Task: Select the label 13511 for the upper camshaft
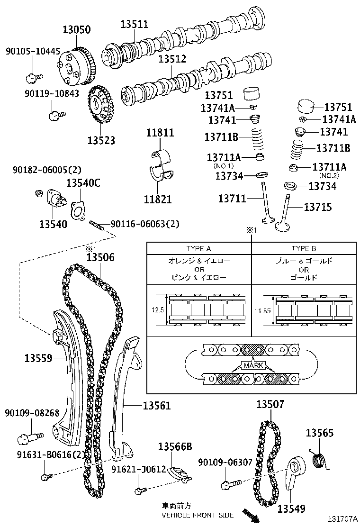[134, 24]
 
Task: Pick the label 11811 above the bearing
[160, 133]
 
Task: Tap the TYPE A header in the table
[198, 248]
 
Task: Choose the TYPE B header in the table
[304, 248]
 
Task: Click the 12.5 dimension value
[157, 310]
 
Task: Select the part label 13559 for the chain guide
[38, 358]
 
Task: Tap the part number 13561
[157, 406]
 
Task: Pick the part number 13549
[291, 509]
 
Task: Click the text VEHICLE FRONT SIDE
[198, 515]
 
